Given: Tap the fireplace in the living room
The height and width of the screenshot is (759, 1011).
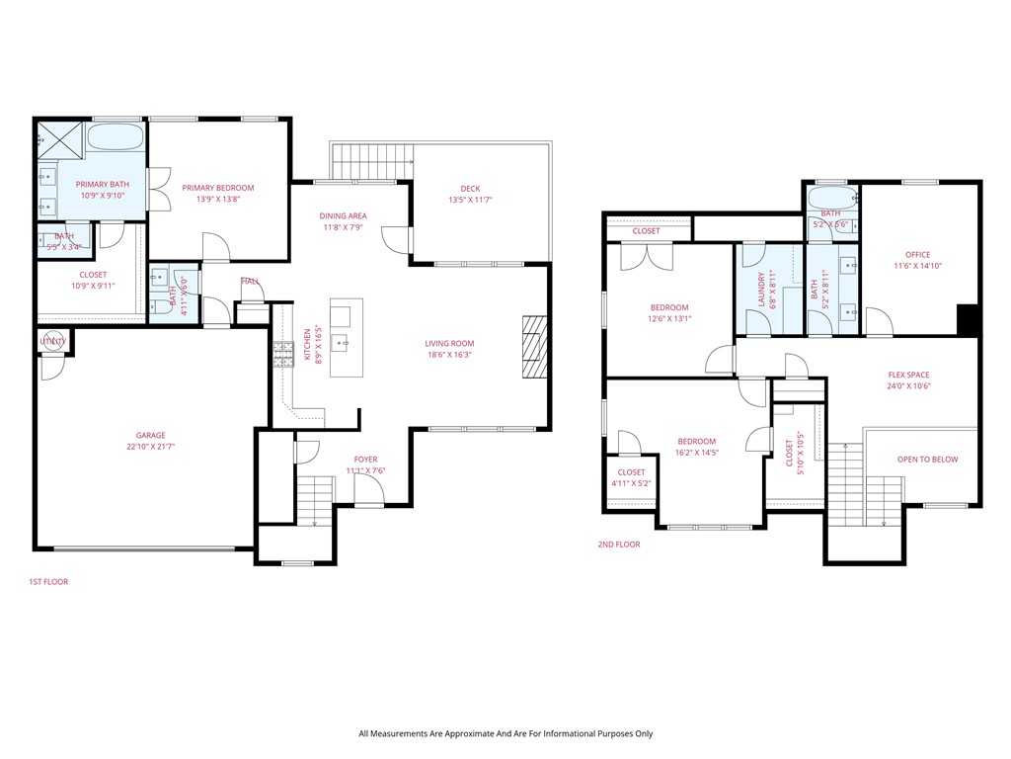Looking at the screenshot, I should (533, 346).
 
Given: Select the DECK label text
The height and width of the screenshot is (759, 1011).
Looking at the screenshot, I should (470, 189).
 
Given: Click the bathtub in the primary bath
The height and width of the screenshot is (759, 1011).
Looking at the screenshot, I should (117, 138).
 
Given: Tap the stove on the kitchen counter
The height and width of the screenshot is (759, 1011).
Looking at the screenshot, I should (284, 354).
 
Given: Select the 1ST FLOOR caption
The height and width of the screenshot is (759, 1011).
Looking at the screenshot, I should (48, 582).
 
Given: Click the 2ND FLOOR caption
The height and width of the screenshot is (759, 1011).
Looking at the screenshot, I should (619, 545).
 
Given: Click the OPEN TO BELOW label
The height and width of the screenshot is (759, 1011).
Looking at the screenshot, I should (927, 460).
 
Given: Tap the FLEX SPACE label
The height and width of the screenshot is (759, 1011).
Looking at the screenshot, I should (908, 375).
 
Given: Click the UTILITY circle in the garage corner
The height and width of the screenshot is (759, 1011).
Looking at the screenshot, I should (52, 342).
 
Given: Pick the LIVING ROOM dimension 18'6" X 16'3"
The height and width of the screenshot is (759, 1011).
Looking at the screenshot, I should (450, 355).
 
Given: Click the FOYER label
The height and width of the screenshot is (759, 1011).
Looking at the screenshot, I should (365, 460).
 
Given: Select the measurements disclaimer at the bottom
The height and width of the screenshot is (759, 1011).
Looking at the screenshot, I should (505, 733).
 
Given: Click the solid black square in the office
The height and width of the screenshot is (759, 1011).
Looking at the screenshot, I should (969, 320).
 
